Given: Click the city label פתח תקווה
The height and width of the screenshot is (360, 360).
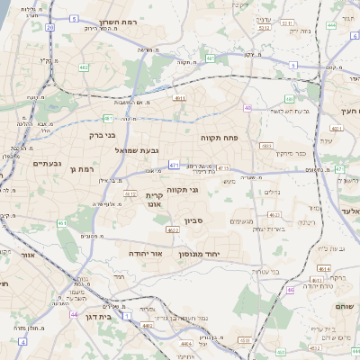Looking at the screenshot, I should click(x=219, y=138).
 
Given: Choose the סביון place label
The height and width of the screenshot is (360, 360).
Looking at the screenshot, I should click(x=195, y=220).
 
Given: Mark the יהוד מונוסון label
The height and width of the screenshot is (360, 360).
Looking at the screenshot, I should click(x=212, y=255).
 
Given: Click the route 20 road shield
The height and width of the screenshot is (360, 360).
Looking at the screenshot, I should click(x=50, y=27).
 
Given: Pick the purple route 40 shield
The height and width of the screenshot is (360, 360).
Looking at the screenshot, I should click(x=247, y=108).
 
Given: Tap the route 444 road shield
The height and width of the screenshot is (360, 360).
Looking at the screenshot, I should click(x=330, y=25).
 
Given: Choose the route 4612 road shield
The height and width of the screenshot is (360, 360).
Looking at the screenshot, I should click(x=130, y=193).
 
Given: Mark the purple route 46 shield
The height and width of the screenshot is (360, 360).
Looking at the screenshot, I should click(x=291, y=290).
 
